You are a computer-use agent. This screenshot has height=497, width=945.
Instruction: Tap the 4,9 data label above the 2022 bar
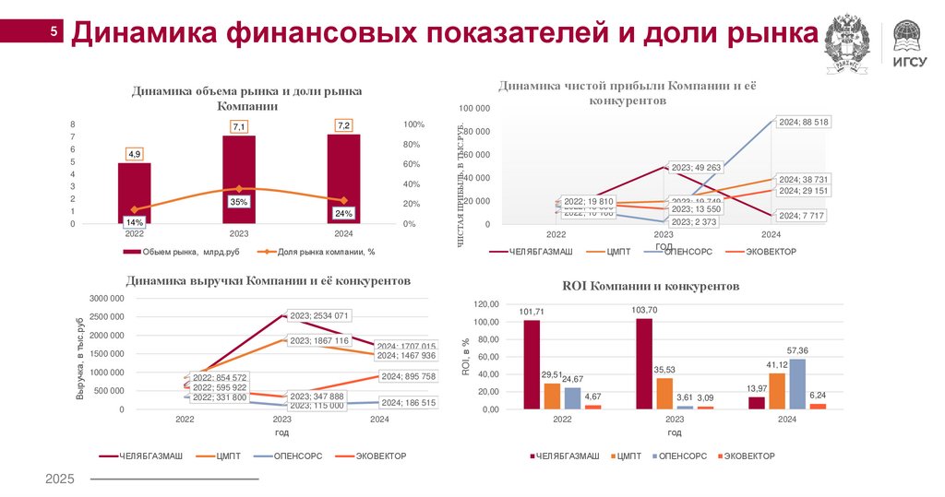point(135,154)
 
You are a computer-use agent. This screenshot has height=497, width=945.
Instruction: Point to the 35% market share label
point(239,201)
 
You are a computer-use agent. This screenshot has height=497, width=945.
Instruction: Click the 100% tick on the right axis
point(413,124)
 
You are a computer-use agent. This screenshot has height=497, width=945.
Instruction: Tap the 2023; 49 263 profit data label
point(695,167)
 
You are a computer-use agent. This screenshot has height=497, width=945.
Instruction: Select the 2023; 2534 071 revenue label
point(318,315)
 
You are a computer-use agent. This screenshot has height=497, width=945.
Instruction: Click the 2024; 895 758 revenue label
point(407,376)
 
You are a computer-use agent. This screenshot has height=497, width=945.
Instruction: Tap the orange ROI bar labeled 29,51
point(552,395)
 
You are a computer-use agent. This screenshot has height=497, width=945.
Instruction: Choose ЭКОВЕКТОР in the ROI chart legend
point(748,456)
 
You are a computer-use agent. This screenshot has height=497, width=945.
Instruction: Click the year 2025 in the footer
point(60,479)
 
